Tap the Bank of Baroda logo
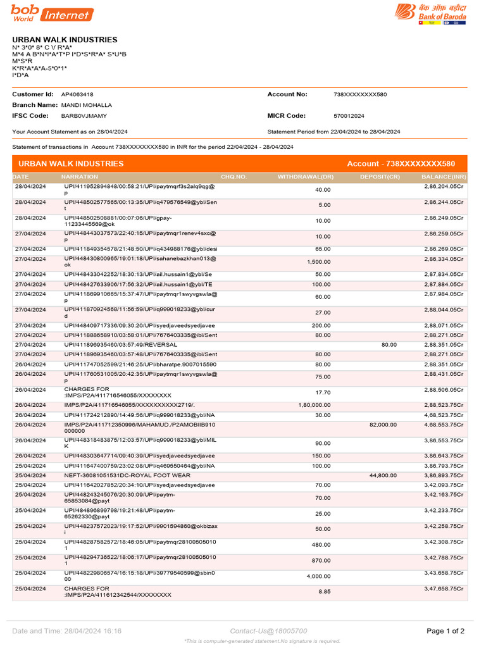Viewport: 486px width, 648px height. (431, 13)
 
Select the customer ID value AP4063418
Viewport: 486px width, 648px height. (77, 94)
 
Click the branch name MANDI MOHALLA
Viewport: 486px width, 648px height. (87, 105)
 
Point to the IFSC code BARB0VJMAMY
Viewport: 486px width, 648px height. (84, 116)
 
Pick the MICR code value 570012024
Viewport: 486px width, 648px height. (349, 116)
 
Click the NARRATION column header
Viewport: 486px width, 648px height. (80, 177)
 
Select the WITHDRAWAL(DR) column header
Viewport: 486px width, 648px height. (306, 177)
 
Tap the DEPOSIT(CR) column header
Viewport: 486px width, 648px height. (380, 177)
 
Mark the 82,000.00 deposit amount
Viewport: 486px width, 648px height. (383, 425)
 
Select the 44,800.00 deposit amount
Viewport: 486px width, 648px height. (383, 475)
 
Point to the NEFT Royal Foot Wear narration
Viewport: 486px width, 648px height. (127, 475)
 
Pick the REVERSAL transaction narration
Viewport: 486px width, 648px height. (116, 345)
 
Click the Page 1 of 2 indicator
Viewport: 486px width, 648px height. (445, 631)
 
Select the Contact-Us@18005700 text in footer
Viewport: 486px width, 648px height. (268, 631)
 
